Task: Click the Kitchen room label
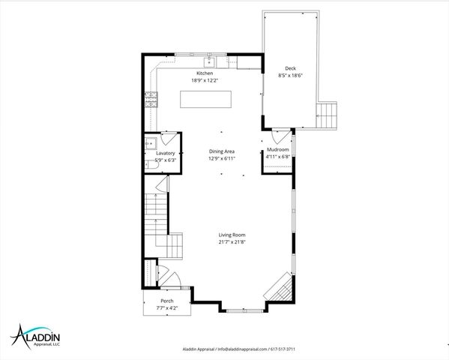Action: tap(205, 73)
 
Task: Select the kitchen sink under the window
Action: tap(211, 60)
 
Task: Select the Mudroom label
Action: tap(278, 151)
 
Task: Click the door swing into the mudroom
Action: tap(279, 137)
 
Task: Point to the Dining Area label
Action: tap(222, 151)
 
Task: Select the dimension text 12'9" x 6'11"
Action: tap(222, 158)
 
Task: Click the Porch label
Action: tap(166, 301)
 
